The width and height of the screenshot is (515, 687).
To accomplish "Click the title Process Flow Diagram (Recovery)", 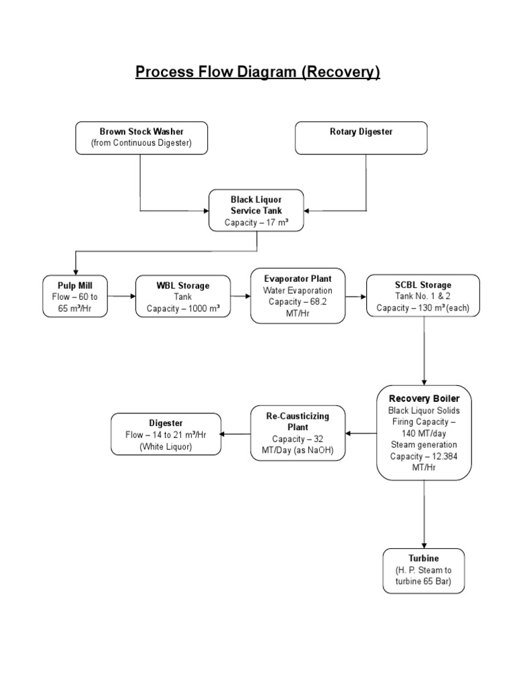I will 257,72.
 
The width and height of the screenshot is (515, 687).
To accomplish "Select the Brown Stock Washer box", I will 141,138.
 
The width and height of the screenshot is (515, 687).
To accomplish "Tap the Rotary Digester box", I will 361,138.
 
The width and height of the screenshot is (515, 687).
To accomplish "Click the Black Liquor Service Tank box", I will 256,211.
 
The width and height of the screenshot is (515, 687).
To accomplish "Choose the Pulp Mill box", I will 75,296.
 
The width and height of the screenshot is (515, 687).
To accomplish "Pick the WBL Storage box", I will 183,296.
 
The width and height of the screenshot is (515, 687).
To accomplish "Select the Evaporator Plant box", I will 298,296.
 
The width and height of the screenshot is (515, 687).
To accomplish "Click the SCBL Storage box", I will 423,296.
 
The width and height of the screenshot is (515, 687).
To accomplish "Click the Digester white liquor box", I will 166,434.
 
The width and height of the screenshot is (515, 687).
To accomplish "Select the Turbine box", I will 423,570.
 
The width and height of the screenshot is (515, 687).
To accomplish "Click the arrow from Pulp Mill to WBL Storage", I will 122,296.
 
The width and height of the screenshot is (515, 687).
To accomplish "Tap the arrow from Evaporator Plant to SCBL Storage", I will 356,296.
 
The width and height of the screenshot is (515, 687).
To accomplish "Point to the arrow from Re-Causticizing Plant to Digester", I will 235,434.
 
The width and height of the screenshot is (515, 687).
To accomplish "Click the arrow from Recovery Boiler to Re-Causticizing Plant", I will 361,433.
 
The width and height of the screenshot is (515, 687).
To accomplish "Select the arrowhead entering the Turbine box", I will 424,544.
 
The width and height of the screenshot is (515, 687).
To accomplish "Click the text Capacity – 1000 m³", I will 183,308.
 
